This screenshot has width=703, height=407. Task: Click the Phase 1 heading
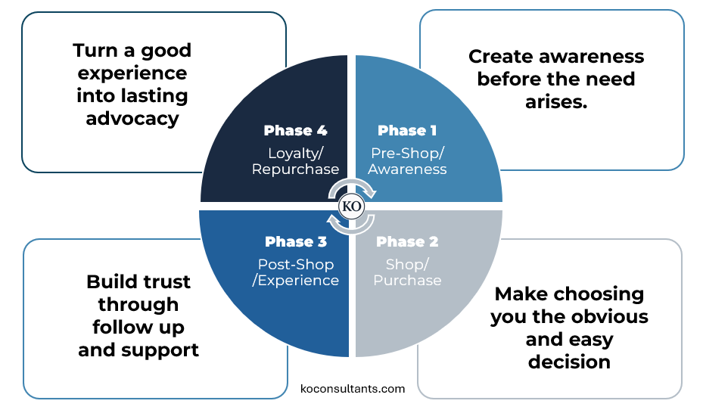[406, 130]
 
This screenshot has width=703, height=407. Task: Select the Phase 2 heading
[406, 241]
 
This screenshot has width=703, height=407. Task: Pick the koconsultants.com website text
[353, 389]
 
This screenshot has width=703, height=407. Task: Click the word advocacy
[132, 119]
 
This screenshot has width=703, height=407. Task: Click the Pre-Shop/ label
[406, 151]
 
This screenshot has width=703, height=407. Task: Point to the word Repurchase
[295, 169]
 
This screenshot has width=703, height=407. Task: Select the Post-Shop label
[296, 264]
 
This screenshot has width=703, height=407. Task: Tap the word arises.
[556, 101]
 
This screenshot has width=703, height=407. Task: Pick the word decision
[569, 362]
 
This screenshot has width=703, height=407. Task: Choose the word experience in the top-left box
[132, 73]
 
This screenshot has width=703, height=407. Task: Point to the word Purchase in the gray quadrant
[407, 280]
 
